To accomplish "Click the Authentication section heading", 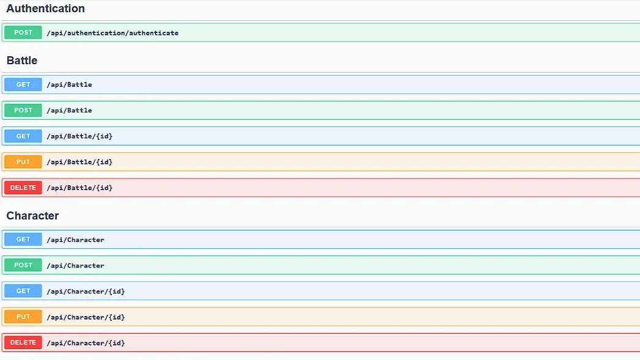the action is tap(45, 9).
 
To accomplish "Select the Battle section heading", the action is tap(22, 61).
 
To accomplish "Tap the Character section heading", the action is tap(32, 216).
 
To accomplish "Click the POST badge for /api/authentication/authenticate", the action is tap(23, 32).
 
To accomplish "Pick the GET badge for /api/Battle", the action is tap(23, 84).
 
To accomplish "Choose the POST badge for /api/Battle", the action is tap(23, 110).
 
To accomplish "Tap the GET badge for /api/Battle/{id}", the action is tap(23, 136).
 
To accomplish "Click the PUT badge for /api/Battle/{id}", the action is tap(23, 162).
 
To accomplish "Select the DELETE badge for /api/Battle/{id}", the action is tap(23, 188).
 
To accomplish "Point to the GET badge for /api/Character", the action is tap(23, 239).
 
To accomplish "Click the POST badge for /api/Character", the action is tap(23, 265).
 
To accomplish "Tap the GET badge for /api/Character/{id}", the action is tap(23, 291).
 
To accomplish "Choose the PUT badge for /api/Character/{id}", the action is tap(23, 317).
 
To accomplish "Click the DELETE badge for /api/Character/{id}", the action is tap(23, 342).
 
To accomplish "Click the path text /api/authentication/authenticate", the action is tap(112, 33).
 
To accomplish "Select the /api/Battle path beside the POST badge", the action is tap(70, 111).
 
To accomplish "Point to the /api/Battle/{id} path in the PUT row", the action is tap(79, 162).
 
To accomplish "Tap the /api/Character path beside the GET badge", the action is tap(76, 240).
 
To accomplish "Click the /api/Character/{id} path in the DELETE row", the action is tap(86, 343).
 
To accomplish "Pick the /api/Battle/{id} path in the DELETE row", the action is tap(79, 188).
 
